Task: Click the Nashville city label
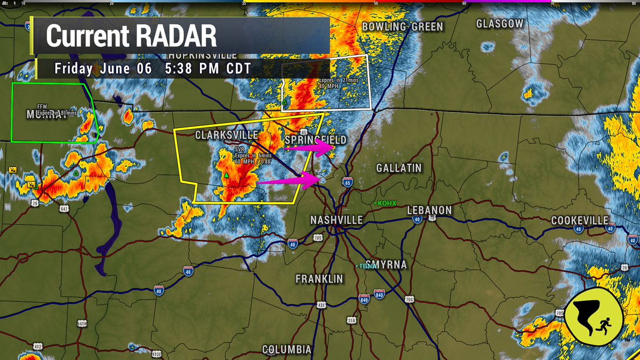[x=337, y=220]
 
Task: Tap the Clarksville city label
[x=227, y=135]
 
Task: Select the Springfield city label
[x=316, y=140]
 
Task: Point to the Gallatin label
[x=399, y=168]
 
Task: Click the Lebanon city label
[x=429, y=210]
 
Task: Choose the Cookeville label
[x=580, y=220]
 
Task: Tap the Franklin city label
[x=319, y=279]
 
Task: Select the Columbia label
[x=287, y=350]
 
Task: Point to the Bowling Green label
[x=403, y=27]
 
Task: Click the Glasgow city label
[x=500, y=23]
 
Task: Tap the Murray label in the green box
[x=47, y=115]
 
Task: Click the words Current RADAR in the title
[x=131, y=36]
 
